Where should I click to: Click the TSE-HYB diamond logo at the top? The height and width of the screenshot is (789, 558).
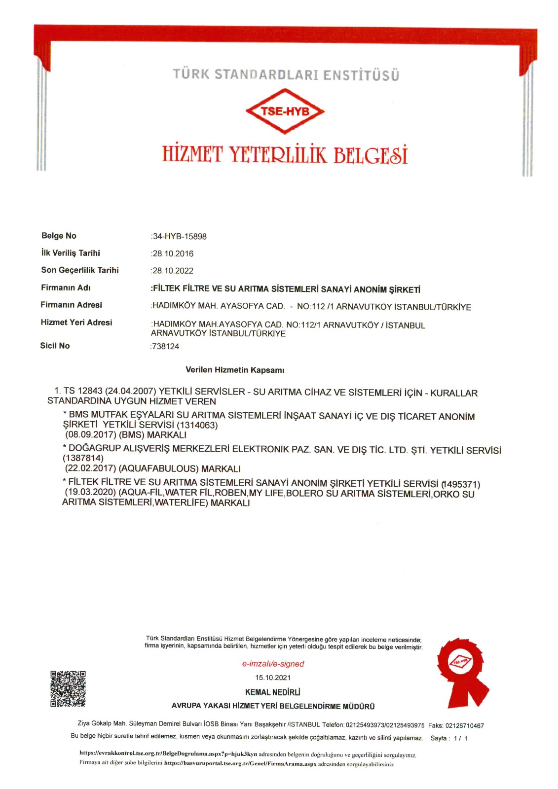pos(285,111)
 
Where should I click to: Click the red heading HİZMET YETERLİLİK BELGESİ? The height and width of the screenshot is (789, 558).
pos(285,155)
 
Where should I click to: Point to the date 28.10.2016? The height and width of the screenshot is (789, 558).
pos(173,254)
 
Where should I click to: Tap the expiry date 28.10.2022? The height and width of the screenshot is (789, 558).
pos(173,271)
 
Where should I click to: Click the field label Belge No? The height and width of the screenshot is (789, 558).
pos(59,236)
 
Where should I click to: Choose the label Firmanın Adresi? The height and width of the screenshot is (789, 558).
pos(71,305)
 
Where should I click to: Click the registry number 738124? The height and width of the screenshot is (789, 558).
pos(166,347)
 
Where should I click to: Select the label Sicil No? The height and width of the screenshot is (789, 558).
pos(55,346)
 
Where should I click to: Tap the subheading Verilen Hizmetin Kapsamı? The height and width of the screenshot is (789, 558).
pos(235,370)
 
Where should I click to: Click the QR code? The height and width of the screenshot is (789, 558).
pos(68,688)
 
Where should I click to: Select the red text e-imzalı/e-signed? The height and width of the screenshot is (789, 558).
pos(273,664)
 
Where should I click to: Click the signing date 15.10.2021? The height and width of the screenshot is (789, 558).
pos(273,678)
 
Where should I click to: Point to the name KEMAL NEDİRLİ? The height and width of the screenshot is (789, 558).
pos(273,692)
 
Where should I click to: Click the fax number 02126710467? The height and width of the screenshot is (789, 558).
pos(464,725)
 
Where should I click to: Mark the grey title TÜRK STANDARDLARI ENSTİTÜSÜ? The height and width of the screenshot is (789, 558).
pos(286,75)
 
